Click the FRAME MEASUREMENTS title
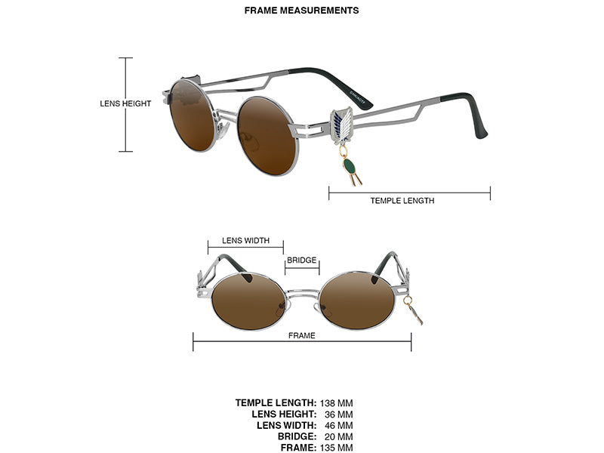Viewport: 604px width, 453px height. coord(301,11)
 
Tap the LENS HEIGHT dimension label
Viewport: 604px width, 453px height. coord(125,103)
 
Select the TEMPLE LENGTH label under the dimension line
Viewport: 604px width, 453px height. coord(402,201)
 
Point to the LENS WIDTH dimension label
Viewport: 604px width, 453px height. coord(246,241)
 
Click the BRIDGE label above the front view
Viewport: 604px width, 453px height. coord(301,260)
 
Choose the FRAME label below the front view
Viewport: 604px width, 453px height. coord(301,335)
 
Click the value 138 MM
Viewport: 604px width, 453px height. coord(336,403)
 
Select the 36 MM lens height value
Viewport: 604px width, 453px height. coord(338,414)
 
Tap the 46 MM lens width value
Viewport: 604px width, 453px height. coord(338,426)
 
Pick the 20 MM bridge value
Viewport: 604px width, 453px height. coord(338,437)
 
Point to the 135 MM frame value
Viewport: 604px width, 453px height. coord(336,448)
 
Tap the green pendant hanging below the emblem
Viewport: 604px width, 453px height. coord(351,168)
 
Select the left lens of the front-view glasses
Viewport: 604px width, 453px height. coord(249,301)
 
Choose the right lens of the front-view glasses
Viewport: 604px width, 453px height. coord(357,300)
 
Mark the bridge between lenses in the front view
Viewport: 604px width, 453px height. coord(303,293)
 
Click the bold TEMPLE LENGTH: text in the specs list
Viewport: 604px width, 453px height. coord(276,403)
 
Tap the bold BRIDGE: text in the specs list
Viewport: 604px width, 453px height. coord(297,437)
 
